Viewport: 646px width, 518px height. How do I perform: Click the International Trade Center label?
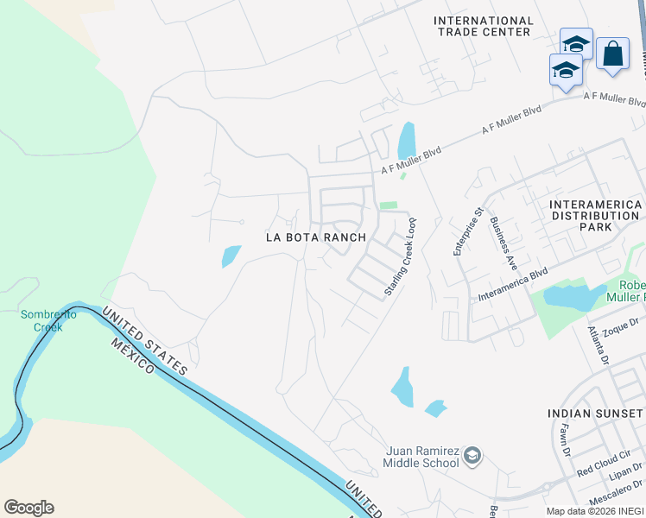[x=483, y=26]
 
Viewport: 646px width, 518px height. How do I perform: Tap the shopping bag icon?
[x=612, y=54]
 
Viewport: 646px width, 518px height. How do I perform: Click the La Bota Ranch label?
[x=315, y=237]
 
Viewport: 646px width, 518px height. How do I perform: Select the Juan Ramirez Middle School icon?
[x=472, y=455]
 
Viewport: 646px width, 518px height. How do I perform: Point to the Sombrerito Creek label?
[x=48, y=320]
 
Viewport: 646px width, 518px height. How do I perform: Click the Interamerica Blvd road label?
[x=514, y=285]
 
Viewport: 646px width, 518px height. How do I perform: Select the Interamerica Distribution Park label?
[x=595, y=215]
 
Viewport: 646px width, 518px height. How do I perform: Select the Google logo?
[x=28, y=508]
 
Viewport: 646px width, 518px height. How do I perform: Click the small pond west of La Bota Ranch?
[x=231, y=256]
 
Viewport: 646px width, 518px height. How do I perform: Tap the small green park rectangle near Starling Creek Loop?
[x=389, y=205]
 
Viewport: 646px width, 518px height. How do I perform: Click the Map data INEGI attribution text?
[x=595, y=511]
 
